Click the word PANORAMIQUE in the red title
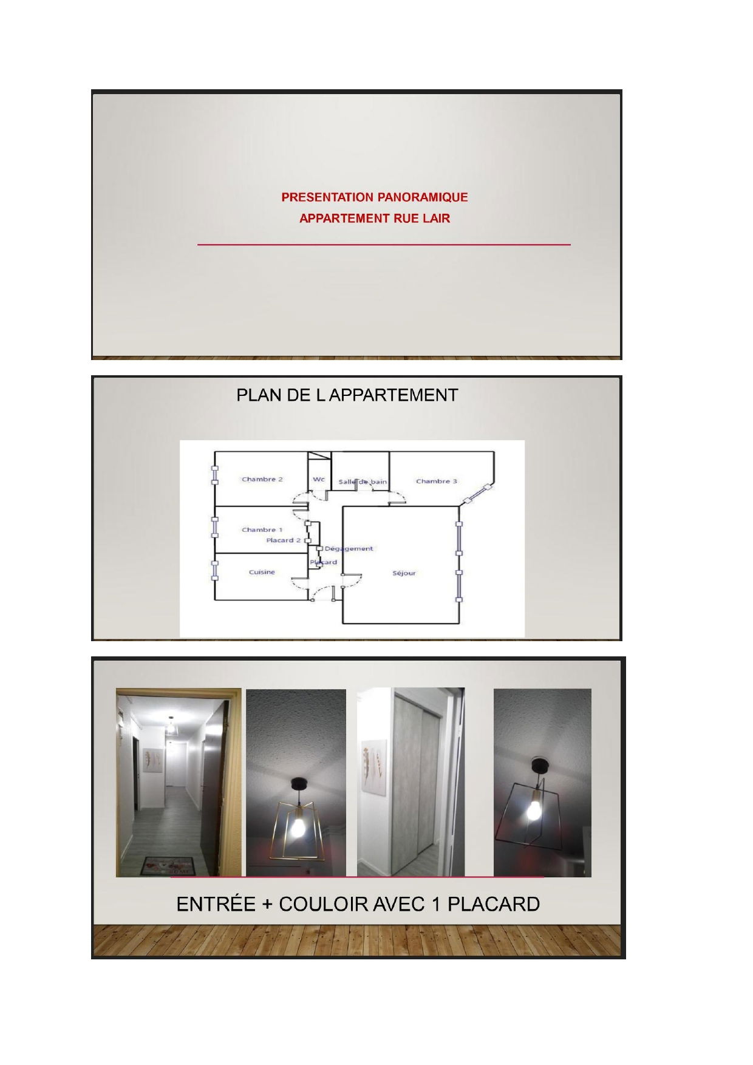(422, 197)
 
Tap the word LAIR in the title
(437, 219)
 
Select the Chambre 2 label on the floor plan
(262, 480)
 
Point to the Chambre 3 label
(437, 481)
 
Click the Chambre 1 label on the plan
(262, 530)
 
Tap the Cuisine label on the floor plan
(262, 572)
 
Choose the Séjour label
(404, 573)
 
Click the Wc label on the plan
(319, 480)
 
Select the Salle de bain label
(363, 482)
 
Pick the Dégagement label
(349, 549)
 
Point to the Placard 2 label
(284, 540)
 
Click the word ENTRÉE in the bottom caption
(216, 905)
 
